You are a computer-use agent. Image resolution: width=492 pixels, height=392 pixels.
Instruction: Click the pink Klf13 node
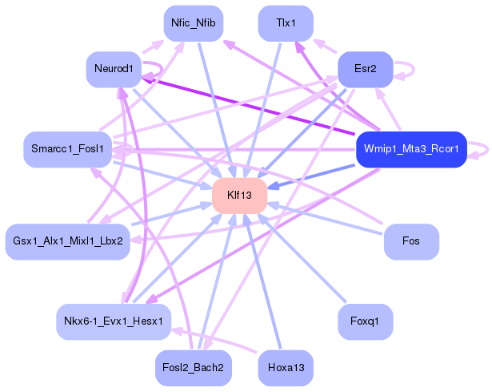(x=239, y=196)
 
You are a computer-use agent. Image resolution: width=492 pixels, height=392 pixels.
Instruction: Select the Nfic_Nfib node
(x=194, y=23)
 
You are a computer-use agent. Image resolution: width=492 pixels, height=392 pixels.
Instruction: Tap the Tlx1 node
(x=286, y=23)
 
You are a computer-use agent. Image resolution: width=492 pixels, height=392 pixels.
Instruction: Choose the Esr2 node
(x=365, y=69)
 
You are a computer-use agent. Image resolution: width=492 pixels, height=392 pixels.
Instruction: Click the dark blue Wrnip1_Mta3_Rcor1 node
(x=410, y=149)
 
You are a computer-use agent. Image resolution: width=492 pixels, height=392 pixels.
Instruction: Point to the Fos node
(x=411, y=241)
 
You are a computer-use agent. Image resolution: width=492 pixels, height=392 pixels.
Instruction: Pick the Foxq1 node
(x=365, y=321)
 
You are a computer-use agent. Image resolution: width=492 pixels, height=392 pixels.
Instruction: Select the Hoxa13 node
(x=286, y=368)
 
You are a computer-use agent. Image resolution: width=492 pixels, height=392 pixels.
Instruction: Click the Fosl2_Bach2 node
(x=194, y=368)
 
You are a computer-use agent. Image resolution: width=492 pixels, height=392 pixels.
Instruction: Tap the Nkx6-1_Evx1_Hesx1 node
(x=114, y=321)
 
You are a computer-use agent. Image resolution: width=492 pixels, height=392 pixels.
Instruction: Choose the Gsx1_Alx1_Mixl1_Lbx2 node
(x=68, y=241)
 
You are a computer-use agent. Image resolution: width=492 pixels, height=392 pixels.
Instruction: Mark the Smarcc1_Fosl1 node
(x=68, y=149)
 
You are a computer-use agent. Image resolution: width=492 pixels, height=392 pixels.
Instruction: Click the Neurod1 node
(x=114, y=69)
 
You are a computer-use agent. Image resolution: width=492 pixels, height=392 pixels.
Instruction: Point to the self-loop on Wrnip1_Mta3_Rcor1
(x=483, y=149)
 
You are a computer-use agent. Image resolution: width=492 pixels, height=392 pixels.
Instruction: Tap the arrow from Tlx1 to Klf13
(x=264, y=104)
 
